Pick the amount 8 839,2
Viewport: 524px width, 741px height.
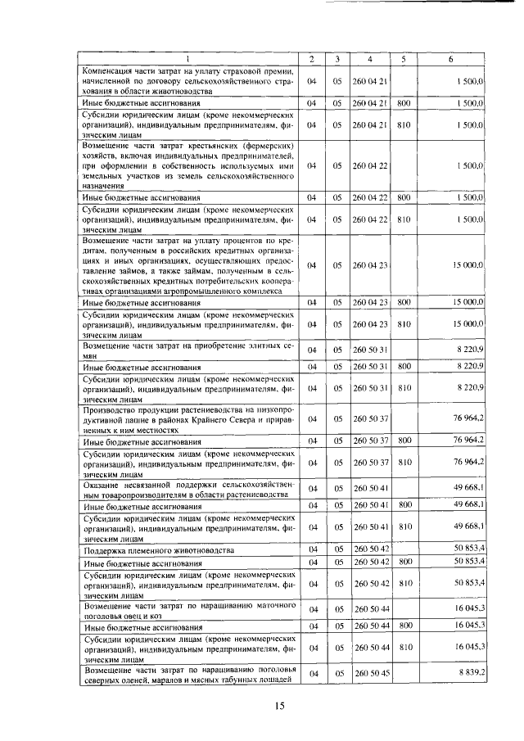[x=469, y=672]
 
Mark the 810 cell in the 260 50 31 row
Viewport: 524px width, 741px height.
[x=404, y=386]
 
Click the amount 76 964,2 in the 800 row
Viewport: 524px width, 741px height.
[x=469, y=441]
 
